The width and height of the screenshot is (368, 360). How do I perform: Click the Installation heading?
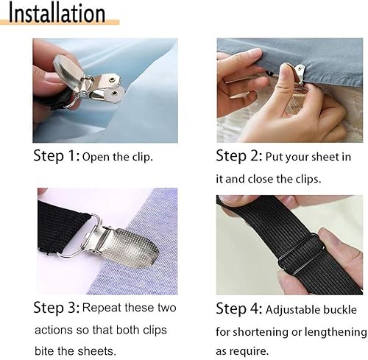pyautogui.click(x=57, y=13)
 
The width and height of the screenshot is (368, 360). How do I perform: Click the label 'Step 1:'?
pyautogui.click(x=56, y=156)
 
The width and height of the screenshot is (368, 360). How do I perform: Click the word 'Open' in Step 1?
pyautogui.click(x=96, y=157)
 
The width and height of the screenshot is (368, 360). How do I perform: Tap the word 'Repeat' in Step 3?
pyautogui.click(x=103, y=307)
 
